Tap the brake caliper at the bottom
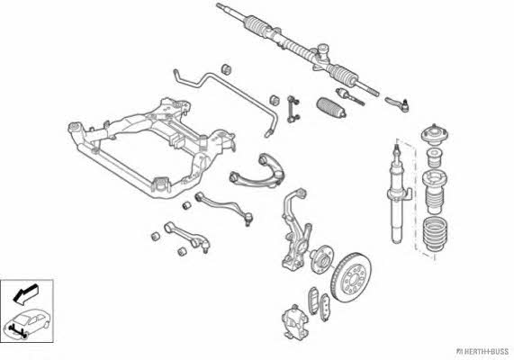[x=295, y=321]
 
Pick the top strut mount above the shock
[x=435, y=134]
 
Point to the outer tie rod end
[x=397, y=103]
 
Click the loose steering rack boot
[x=331, y=107]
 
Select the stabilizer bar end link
[x=293, y=109]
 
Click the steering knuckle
[x=295, y=229]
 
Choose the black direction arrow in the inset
[x=25, y=293]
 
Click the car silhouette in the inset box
[x=27, y=323]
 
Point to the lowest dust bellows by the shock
[x=435, y=235]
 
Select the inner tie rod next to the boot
[x=350, y=96]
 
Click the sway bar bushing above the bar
[x=226, y=69]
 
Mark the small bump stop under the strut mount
[x=435, y=157]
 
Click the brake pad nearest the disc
[x=325, y=307]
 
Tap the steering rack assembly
[x=297, y=49]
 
